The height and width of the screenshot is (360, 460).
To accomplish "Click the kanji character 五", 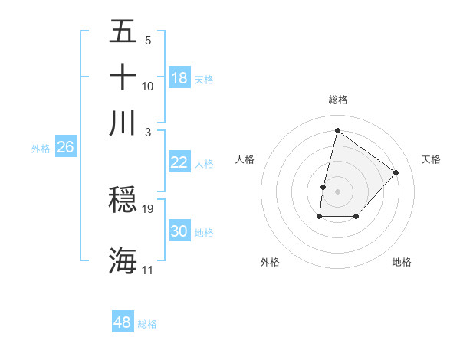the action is pyautogui.click(x=123, y=32).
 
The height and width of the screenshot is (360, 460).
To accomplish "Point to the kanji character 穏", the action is pyautogui.click(x=123, y=200).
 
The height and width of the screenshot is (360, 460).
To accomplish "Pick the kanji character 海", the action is pyautogui.click(x=123, y=260).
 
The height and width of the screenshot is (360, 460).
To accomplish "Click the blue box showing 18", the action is pyautogui.click(x=179, y=78).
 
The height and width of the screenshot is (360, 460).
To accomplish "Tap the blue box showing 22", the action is pyautogui.click(x=179, y=162).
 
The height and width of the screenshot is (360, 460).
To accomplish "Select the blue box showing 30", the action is pyautogui.click(x=179, y=231).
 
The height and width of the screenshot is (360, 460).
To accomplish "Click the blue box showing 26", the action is pyautogui.click(x=65, y=147).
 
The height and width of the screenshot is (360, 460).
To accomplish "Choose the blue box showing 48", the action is pyautogui.click(x=122, y=322).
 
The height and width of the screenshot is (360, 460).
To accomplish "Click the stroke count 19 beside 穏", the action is pyautogui.click(x=148, y=209).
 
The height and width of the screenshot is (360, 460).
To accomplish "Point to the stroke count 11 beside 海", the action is pyautogui.click(x=147, y=270).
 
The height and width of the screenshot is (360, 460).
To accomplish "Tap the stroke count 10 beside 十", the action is pyautogui.click(x=148, y=87).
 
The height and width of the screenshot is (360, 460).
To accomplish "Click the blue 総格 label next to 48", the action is pyautogui.click(x=147, y=324).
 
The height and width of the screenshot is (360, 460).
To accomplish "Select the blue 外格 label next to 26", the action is pyautogui.click(x=41, y=149).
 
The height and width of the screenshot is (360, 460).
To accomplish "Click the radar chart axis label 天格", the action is pyautogui.click(x=431, y=159).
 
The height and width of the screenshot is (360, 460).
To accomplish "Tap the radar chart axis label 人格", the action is pyautogui.click(x=245, y=159).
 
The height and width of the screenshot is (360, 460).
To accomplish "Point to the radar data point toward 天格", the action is pyautogui.click(x=396, y=172).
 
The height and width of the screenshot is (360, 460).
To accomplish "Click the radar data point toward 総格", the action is pyautogui.click(x=337, y=130).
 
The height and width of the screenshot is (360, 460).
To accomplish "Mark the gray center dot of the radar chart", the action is pyautogui.click(x=337, y=191).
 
